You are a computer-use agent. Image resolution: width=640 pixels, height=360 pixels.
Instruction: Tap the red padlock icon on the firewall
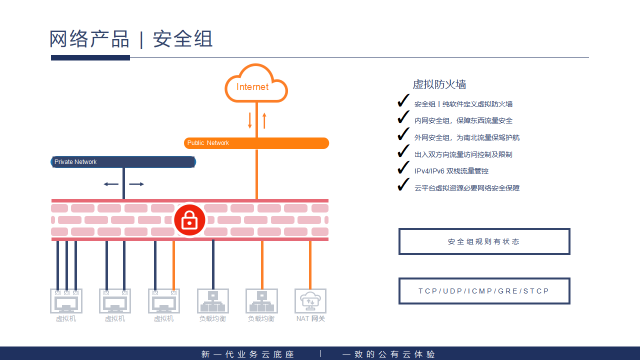click(189, 219)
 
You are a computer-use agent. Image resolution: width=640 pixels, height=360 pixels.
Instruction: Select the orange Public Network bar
click(256, 143)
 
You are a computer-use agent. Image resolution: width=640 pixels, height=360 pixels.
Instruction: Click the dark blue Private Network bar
click(123, 162)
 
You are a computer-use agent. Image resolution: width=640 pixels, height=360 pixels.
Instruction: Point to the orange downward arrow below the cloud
click(250, 120)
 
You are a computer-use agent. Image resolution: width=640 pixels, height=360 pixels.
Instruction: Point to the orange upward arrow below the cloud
click(264, 120)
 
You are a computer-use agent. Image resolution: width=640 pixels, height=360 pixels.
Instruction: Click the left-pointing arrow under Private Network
click(110, 184)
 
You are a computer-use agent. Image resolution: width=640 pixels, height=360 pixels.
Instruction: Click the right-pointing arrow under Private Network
click(136, 184)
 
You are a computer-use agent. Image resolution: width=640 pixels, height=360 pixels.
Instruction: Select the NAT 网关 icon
click(310, 301)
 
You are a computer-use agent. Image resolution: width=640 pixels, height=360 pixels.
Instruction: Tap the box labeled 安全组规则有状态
click(484, 241)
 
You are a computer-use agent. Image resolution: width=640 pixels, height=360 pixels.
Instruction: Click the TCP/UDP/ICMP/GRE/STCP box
click(484, 291)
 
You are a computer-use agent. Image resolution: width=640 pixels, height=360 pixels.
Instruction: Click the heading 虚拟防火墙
click(439, 84)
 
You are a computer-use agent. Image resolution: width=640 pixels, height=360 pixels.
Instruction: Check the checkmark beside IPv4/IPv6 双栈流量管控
click(403, 168)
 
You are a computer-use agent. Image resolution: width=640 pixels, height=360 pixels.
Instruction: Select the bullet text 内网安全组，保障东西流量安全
click(463, 120)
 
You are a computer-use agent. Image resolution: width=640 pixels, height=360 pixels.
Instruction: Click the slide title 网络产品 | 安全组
click(131, 39)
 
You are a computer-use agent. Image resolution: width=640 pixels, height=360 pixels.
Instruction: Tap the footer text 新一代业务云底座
click(248, 354)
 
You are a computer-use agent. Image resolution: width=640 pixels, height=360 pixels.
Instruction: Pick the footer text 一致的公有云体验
click(389, 354)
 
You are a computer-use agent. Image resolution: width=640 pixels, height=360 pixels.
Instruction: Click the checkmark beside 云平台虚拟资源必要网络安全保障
click(403, 185)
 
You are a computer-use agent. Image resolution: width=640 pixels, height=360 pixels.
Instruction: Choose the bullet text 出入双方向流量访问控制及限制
click(463, 154)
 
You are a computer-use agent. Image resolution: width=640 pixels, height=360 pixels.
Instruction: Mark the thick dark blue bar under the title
click(90, 58)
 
